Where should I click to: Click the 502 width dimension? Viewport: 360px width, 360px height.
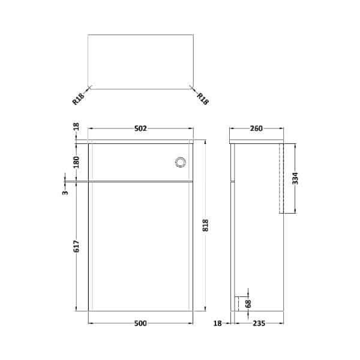point(140,128)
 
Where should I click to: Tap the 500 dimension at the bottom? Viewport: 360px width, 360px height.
point(140,323)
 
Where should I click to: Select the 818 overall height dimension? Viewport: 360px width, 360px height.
point(205,225)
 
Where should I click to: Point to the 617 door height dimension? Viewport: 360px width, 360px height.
point(77,246)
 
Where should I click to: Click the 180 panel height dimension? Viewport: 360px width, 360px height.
point(77,162)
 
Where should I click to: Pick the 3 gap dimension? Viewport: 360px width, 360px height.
point(65,193)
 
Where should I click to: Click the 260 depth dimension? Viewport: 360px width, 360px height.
point(256,128)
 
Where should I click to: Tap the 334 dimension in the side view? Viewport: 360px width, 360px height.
point(295,178)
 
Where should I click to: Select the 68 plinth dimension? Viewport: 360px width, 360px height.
point(248,304)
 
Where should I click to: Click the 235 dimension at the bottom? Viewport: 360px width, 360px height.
point(259,323)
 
